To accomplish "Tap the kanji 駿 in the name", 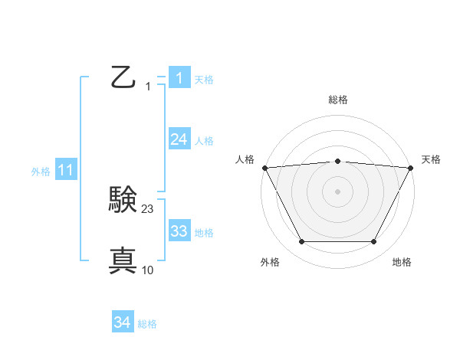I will (123, 201).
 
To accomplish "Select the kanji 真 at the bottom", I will (123, 261).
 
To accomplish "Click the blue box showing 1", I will (179, 77).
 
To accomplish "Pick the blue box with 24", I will (179, 139).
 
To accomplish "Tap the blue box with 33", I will (179, 231).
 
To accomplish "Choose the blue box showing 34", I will (122, 322).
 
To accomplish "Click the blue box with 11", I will (65, 171).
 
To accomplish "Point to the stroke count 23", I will (148, 209).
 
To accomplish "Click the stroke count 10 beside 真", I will (148, 270).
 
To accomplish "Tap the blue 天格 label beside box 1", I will (204, 79).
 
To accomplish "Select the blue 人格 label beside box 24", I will (204, 141).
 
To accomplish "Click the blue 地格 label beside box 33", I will (204, 233).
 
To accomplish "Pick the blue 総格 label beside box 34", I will (147, 324).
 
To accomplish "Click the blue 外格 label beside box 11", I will (41, 172).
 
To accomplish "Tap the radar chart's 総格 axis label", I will (337, 100).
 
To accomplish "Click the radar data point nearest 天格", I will (411, 168).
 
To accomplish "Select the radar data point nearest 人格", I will (264, 168).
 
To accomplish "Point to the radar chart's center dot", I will (337, 191).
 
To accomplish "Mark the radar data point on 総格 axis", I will (337, 161).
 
